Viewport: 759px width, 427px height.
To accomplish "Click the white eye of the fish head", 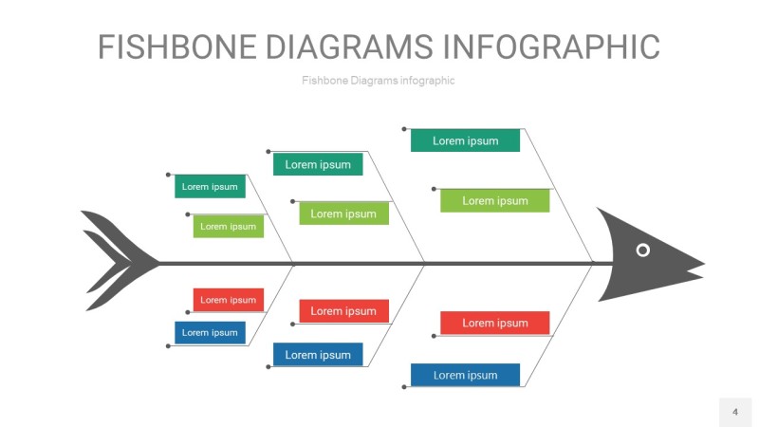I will [642, 250].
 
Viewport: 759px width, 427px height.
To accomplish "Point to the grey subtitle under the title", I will [378, 81].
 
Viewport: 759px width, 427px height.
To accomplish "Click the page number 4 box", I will [734, 412].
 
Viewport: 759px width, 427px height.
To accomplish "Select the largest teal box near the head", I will [465, 140].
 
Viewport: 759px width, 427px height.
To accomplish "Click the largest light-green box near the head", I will [494, 200].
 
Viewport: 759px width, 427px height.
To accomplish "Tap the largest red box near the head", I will [494, 323].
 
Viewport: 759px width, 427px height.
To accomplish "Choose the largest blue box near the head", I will [465, 375].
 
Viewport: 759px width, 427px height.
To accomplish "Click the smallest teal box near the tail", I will [210, 187].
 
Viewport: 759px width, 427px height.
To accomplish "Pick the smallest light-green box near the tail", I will [229, 226].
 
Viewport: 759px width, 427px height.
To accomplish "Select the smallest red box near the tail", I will [229, 300].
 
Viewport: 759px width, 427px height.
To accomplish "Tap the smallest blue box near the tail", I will [210, 332].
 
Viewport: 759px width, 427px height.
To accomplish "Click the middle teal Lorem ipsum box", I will [318, 164].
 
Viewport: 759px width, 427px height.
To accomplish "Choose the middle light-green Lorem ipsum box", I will [343, 213].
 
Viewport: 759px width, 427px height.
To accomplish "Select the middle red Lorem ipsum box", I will [343, 310].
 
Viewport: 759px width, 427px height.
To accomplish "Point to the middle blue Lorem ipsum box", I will [318, 355].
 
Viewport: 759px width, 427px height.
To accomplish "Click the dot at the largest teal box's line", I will [404, 128].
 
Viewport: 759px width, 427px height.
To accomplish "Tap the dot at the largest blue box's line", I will [404, 386].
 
